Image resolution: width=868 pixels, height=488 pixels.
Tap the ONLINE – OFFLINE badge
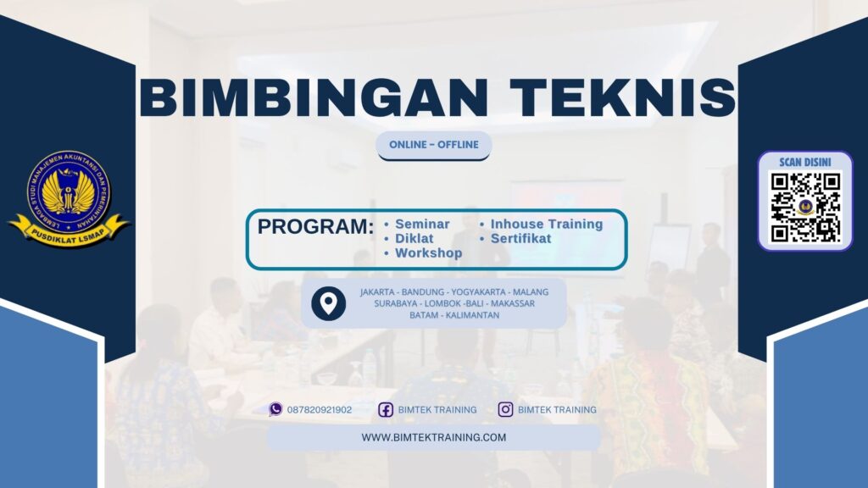(x=433, y=145)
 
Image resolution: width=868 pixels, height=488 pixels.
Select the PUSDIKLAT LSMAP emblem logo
(x=69, y=197)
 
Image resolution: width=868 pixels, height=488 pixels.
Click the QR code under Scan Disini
(x=804, y=208)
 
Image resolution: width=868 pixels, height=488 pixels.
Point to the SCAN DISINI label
(x=804, y=162)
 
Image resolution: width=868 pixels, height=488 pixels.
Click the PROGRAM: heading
(x=315, y=227)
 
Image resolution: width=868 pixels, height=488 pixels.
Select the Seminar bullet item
(x=422, y=225)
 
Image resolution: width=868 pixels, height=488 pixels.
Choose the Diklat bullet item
(x=414, y=239)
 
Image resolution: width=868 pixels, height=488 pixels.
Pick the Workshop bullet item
(x=428, y=253)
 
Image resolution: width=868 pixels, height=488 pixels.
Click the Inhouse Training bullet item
(x=546, y=225)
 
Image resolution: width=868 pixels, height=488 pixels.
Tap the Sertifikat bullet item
(x=520, y=239)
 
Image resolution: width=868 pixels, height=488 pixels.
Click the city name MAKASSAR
(x=511, y=303)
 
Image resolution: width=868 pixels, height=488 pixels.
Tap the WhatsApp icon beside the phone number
(x=275, y=409)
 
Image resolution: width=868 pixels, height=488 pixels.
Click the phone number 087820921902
(x=320, y=410)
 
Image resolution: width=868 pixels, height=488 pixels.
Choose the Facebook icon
(x=386, y=410)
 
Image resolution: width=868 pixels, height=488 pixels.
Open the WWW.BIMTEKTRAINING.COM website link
(x=433, y=437)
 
